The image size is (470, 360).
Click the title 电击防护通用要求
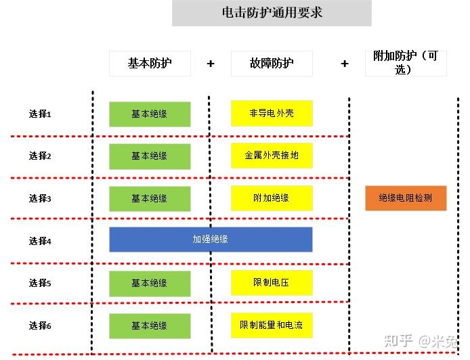pyautogui.click(x=272, y=13)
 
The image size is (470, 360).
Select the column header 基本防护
pyautogui.click(x=150, y=63)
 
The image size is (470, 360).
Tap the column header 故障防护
pyautogui.click(x=272, y=63)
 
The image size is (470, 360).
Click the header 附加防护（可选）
pyautogui.click(x=405, y=62)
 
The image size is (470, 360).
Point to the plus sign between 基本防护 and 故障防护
pyautogui.click(x=211, y=64)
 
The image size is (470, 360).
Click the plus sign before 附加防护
pyautogui.click(x=345, y=64)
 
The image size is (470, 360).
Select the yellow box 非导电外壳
pyautogui.click(x=272, y=114)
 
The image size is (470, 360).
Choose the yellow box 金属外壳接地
pyautogui.click(x=272, y=156)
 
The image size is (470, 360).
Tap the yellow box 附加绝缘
pyautogui.click(x=272, y=198)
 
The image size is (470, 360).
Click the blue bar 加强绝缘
pyautogui.click(x=211, y=240)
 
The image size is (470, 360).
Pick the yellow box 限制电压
pyautogui.click(x=272, y=282)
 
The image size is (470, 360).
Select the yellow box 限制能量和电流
pyautogui.click(x=272, y=325)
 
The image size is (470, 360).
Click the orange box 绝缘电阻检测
pyautogui.click(x=406, y=198)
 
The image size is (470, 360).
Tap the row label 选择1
pyautogui.click(x=40, y=114)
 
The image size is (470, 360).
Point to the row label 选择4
pyautogui.click(x=40, y=241)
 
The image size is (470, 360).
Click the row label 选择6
pyautogui.click(x=40, y=326)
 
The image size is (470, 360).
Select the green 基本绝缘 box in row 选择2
pyautogui.click(x=150, y=156)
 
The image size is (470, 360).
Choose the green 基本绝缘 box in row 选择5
pyautogui.click(x=150, y=283)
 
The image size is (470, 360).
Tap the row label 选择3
pyautogui.click(x=40, y=198)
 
